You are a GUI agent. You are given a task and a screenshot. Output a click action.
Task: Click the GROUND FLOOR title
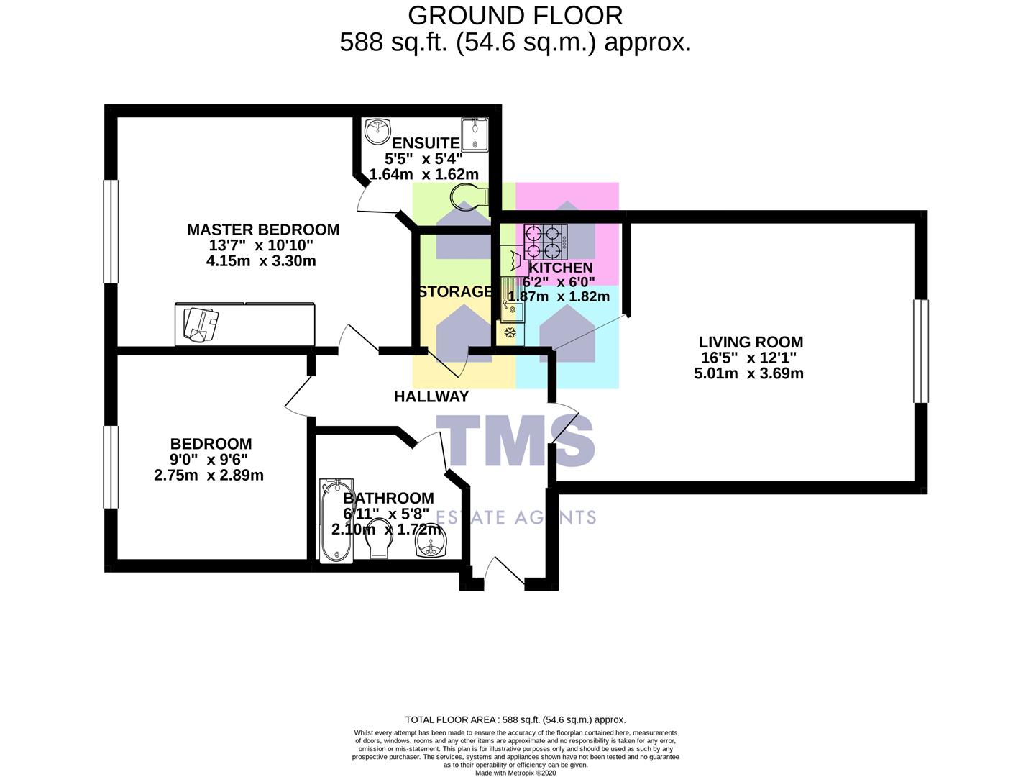coord(515,15)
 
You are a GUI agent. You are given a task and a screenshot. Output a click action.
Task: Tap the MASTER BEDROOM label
coord(263,230)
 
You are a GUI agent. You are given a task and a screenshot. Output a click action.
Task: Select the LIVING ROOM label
coord(751,342)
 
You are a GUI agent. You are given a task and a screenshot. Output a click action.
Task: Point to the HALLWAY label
coord(431,396)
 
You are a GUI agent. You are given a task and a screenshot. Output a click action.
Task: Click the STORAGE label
coord(455,291)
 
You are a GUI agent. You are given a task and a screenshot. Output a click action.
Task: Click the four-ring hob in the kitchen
coord(545,242)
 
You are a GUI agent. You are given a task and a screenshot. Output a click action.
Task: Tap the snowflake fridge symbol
coord(510,332)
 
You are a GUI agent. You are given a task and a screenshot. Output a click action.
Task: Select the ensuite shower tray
coord(475,134)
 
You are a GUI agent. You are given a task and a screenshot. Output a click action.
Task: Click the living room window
coord(920,351)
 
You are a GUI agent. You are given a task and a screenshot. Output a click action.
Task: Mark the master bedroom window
coord(110,231)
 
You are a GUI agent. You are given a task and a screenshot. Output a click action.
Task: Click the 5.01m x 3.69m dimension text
coord(748,373)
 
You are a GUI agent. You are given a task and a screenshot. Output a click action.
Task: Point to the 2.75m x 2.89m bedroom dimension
coord(209,476)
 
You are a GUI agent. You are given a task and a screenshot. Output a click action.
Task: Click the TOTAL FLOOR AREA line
coord(515,719)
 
